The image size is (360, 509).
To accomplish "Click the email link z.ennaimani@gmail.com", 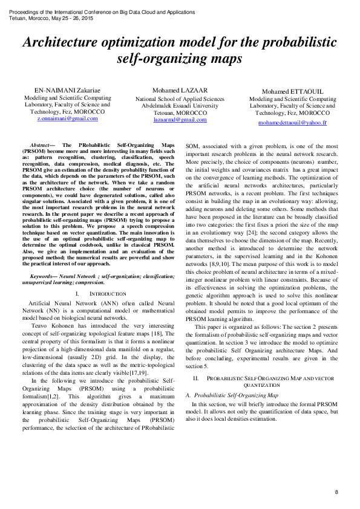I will pyautogui.click(x=67, y=118).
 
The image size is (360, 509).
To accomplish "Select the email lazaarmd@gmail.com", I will pyautogui.click(x=180, y=120).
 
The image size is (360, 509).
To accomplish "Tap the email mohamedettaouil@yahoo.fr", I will pyautogui.click(x=292, y=123).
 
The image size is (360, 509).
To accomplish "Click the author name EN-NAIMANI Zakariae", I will pyautogui.click(x=67, y=89).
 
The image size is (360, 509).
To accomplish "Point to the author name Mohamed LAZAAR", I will pyautogui.click(x=180, y=91).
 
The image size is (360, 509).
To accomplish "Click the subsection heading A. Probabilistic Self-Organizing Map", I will pyautogui.click(x=232, y=395).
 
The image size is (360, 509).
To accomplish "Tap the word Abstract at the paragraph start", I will pyautogui.click(x=41, y=146).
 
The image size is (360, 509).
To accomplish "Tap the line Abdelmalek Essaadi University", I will pyautogui.click(x=180, y=105).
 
